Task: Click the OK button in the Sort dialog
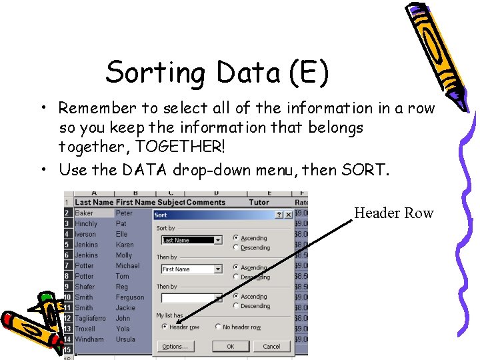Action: click(x=230, y=347)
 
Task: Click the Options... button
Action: click(x=175, y=347)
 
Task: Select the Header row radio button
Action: click(x=164, y=327)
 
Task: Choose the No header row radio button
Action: click(x=218, y=327)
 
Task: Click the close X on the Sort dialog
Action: click(x=289, y=215)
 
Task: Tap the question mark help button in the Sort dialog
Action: click(x=279, y=215)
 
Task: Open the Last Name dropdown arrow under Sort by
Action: click(x=217, y=240)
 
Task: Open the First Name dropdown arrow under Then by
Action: click(x=217, y=269)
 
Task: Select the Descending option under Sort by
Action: click(x=237, y=248)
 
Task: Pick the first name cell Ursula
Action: click(x=125, y=339)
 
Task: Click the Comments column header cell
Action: click(x=206, y=202)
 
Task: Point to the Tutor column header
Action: click(x=259, y=202)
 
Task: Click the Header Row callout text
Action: click(x=393, y=213)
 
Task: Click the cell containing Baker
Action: click(x=85, y=213)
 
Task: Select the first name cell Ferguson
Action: click(x=129, y=297)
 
